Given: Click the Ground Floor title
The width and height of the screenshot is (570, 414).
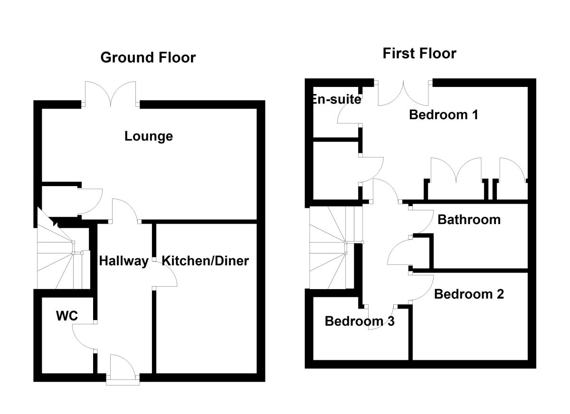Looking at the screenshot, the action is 148,58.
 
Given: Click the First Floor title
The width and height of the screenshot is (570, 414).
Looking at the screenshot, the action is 419,54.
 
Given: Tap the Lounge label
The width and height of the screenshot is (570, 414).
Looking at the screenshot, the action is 149,137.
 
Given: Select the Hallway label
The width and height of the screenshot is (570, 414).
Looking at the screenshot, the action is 123,261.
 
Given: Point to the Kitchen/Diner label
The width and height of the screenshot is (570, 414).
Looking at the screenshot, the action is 205,261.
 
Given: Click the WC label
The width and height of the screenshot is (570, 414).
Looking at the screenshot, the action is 66,316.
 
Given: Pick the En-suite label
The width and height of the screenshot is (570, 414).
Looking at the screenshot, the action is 336,100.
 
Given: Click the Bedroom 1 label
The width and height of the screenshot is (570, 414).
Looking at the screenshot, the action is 443,114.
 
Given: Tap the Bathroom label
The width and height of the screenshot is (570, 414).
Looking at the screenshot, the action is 469,220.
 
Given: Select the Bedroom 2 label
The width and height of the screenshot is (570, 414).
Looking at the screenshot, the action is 469,294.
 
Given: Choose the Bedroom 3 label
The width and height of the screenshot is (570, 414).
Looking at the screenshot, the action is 360,321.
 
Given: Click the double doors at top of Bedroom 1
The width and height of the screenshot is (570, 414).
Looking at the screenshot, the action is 403,93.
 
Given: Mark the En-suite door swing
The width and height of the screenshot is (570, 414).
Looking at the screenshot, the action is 348,114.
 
